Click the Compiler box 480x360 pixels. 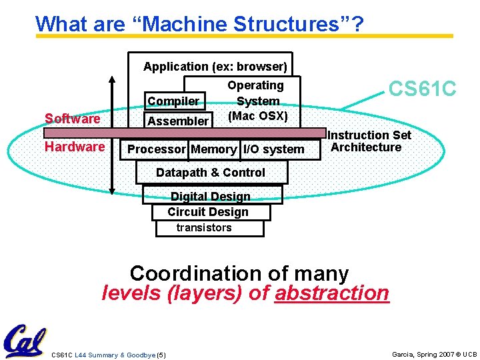click(173, 101)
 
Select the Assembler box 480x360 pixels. click(177, 121)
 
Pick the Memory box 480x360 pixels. click(213, 149)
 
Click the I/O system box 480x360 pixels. click(273, 149)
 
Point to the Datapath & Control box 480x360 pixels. click(211, 173)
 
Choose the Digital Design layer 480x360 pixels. click(211, 196)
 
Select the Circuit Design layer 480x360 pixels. click(208, 212)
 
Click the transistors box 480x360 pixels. click(204, 228)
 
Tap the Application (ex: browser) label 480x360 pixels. click(215, 67)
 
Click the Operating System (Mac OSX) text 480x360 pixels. click(257, 101)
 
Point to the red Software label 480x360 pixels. click(72, 119)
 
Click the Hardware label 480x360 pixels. click(75, 147)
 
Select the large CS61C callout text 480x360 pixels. click(422, 89)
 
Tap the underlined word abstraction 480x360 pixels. click(331, 293)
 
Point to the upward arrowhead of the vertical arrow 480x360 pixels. click(112, 78)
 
